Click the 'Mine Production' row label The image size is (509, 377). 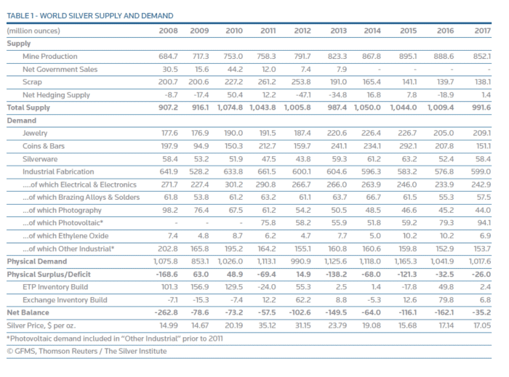pos(50,57)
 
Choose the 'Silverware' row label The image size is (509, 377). pos(41,158)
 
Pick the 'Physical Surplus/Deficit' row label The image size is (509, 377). pos(49,274)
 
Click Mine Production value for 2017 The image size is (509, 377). pos(481,57)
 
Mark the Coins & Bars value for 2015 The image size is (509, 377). pos(408,146)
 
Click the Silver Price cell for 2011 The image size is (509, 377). pos(267,325)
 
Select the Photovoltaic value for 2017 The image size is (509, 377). pos(482,223)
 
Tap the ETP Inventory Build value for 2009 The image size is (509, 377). pos(199,286)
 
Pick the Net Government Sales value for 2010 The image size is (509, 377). pos(234,70)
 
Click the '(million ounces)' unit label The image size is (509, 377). pos(33,31)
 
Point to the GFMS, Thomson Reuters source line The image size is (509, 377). pos(87,352)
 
